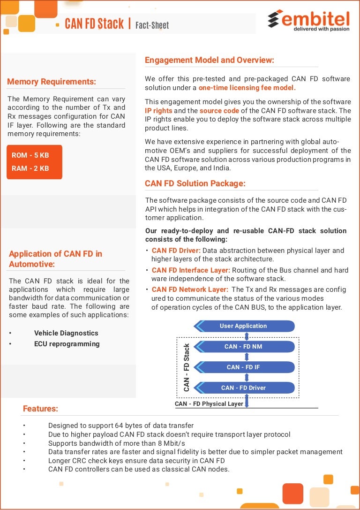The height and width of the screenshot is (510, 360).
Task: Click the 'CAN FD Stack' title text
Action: pos(94,24)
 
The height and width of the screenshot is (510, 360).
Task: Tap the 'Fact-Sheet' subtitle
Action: pos(152,25)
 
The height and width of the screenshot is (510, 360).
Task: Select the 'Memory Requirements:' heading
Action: pos(52,82)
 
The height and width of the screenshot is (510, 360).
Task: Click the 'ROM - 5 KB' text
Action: pos(30,155)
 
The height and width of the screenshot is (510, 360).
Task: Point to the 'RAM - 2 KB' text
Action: pos(30,168)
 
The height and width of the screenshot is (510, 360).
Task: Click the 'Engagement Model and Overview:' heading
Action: pos(209,60)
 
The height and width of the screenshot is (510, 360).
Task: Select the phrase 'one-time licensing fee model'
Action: pos(247,88)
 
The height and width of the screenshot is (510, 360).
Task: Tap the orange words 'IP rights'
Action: pos(158,111)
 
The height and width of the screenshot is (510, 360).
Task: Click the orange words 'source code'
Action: pos(219,111)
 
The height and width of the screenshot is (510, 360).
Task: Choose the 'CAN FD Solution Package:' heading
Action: pos(195,183)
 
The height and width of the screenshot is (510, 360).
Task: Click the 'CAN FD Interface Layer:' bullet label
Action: pos(191,270)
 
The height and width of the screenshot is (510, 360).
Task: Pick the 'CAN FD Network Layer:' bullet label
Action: pos(190,289)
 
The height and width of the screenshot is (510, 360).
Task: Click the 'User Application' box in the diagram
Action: pos(244,326)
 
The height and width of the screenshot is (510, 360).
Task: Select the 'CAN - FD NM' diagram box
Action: pos(244,347)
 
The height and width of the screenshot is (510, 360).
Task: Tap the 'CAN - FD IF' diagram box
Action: pos(244,367)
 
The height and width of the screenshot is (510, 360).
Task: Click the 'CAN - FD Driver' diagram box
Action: pos(244,388)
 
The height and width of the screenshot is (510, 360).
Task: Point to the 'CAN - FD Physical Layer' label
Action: pos(209,403)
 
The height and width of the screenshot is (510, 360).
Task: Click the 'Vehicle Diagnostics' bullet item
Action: pos(66,333)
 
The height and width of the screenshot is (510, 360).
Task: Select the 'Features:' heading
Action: pos(40,409)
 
